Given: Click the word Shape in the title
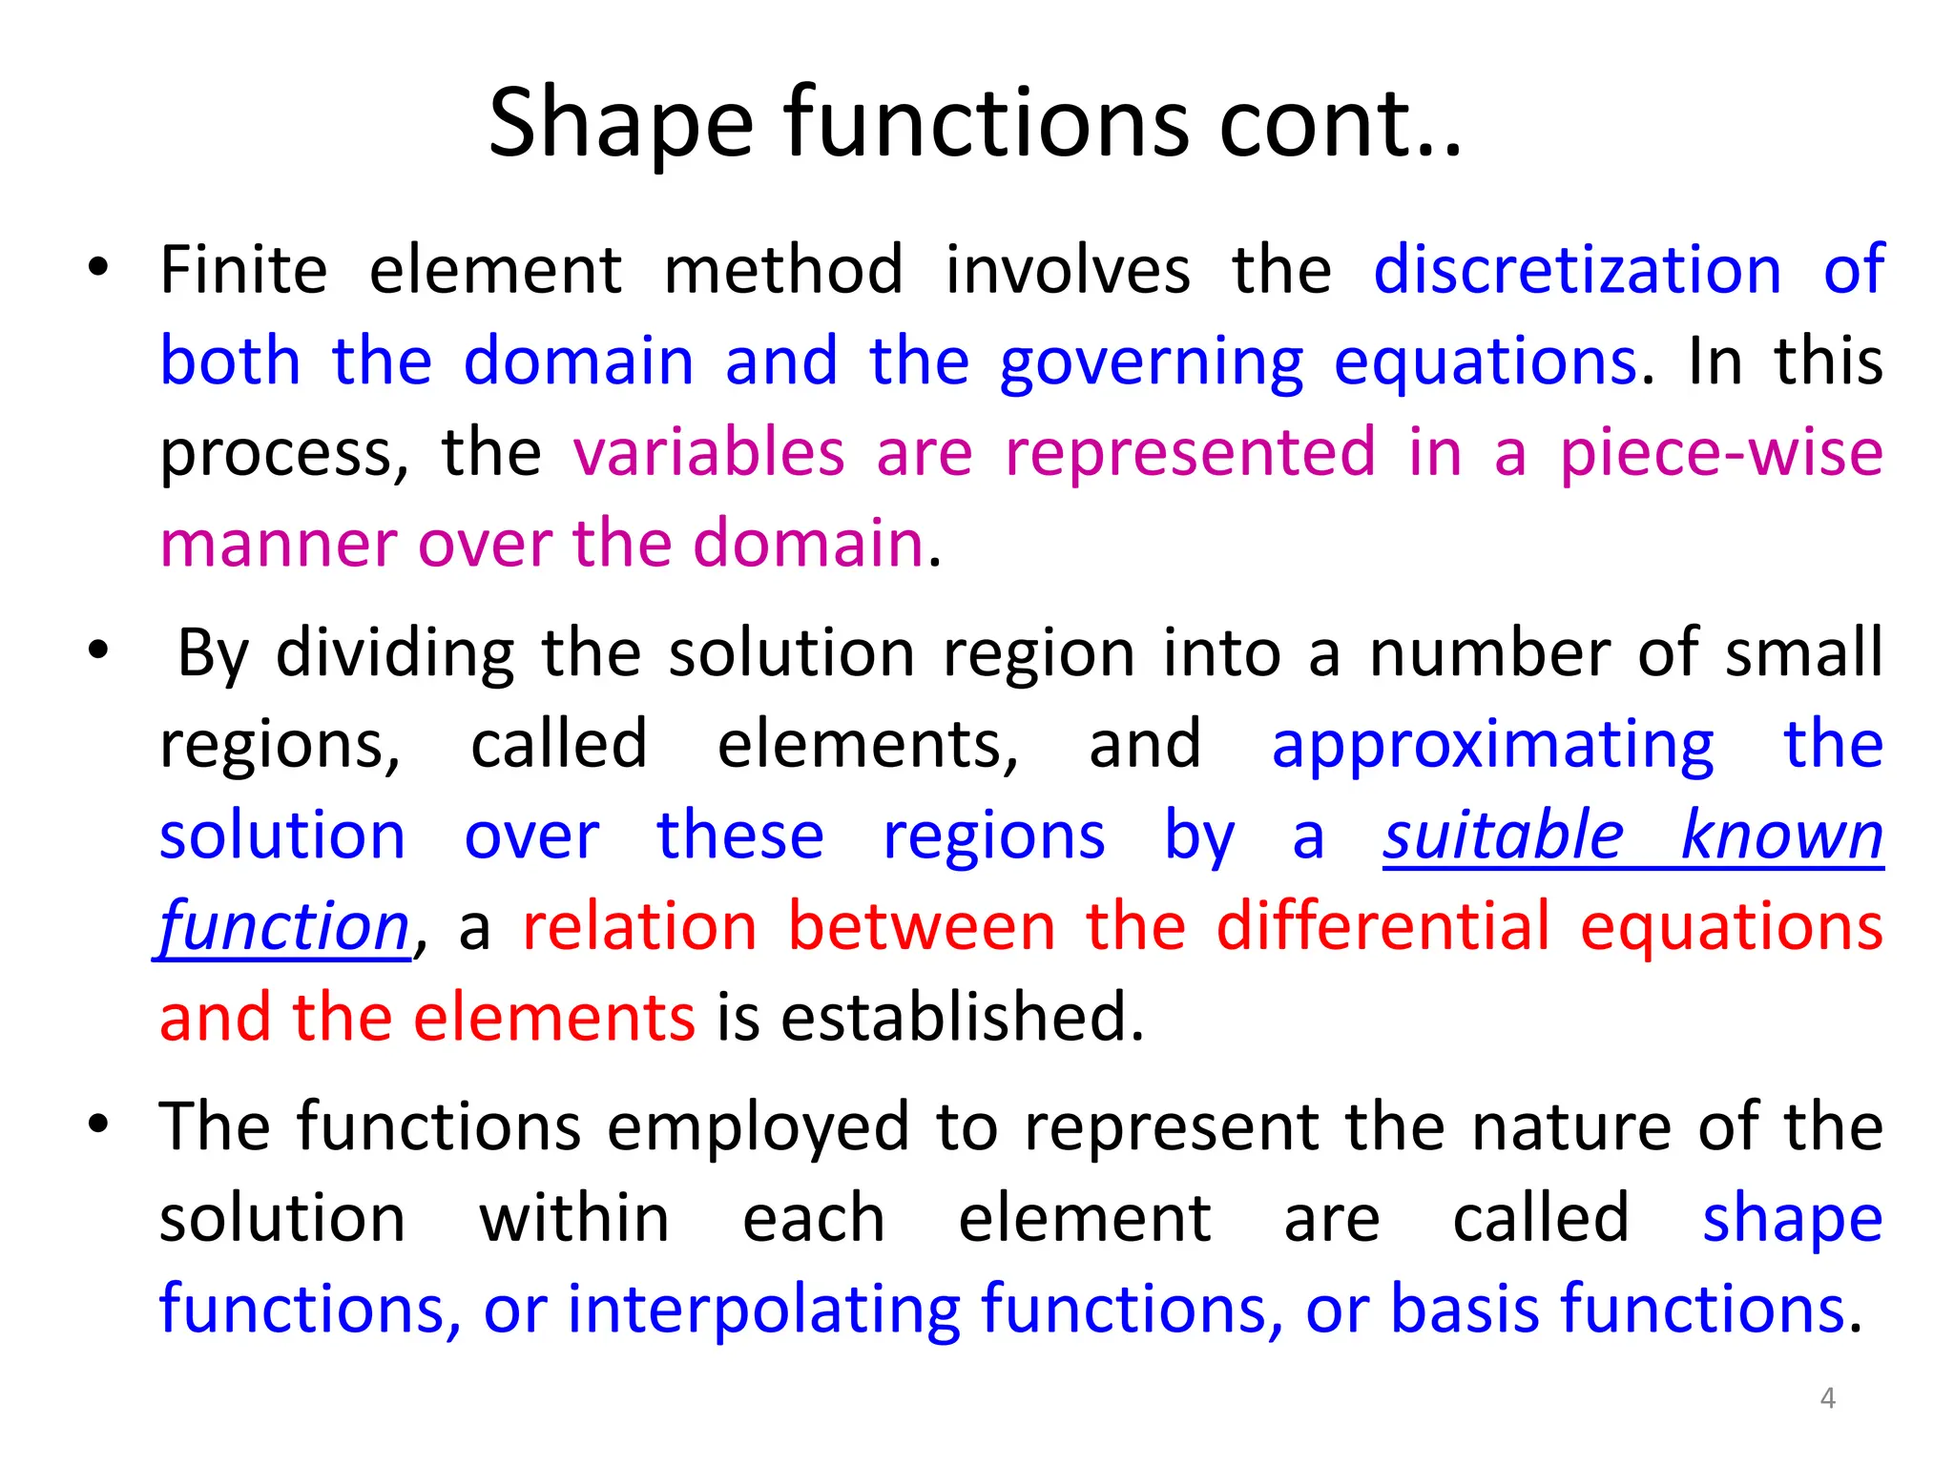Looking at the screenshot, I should (x=620, y=124).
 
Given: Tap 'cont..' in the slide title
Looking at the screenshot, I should (x=1340, y=124).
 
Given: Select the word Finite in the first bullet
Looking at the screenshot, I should (x=243, y=270).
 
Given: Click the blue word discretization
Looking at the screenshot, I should (x=1577, y=270).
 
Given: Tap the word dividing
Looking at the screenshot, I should (x=395, y=653).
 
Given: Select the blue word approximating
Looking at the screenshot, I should (x=1492, y=746).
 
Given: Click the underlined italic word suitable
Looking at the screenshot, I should (x=1503, y=836).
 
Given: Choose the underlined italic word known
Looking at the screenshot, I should (x=1781, y=836).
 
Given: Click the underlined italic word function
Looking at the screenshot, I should (x=284, y=928).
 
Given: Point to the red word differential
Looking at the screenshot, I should (x=1383, y=926).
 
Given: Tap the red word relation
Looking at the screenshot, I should (x=639, y=926).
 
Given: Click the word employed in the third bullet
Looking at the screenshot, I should (x=758, y=1128).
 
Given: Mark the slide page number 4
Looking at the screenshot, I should (x=1827, y=1398).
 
